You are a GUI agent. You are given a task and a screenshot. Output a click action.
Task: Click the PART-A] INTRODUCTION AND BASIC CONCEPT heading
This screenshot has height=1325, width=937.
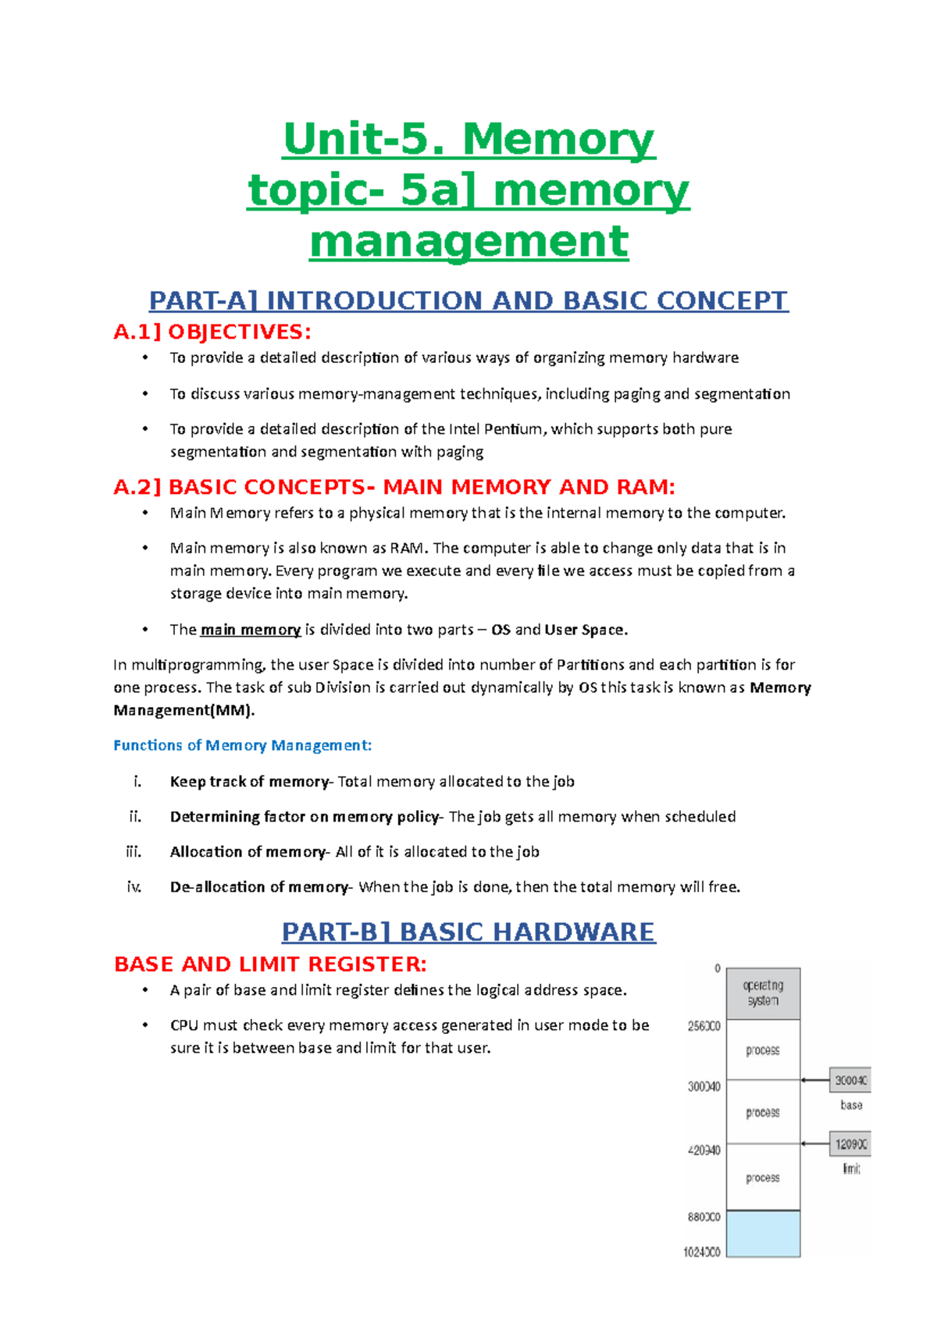(x=468, y=300)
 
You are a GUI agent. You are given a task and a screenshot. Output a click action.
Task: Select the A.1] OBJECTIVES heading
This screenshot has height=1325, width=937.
(x=212, y=332)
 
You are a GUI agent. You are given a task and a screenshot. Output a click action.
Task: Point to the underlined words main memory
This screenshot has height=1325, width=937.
(x=251, y=630)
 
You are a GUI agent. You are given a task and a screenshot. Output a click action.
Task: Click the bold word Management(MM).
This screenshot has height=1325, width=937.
(x=184, y=710)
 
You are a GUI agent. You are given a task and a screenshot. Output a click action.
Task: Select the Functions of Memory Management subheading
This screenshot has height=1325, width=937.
(x=242, y=745)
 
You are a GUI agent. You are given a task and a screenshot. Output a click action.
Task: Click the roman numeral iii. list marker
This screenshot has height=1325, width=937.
(x=134, y=851)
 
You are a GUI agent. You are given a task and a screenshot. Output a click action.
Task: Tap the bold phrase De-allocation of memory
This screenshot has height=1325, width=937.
(x=259, y=886)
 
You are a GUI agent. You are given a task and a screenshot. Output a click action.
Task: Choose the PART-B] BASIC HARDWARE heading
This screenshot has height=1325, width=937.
(x=468, y=932)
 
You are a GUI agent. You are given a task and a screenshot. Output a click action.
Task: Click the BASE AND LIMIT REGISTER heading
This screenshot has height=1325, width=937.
(x=270, y=964)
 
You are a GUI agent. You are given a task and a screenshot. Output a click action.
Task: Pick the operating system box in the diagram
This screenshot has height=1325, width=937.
(x=763, y=993)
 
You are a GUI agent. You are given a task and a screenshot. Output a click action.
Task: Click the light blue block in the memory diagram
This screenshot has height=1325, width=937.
(x=763, y=1234)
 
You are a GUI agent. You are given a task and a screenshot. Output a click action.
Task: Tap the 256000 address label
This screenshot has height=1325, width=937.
(x=704, y=1026)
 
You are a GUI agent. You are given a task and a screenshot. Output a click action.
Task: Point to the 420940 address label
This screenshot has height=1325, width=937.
(x=704, y=1150)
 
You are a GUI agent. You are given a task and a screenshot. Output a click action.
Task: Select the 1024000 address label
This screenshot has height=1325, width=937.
(x=702, y=1252)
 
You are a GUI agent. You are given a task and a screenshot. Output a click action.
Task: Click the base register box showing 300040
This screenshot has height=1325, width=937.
(x=850, y=1081)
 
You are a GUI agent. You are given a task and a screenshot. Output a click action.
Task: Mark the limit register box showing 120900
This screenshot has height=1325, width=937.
(x=850, y=1145)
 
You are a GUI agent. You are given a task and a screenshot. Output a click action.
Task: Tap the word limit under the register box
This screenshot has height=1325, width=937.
(x=851, y=1169)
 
